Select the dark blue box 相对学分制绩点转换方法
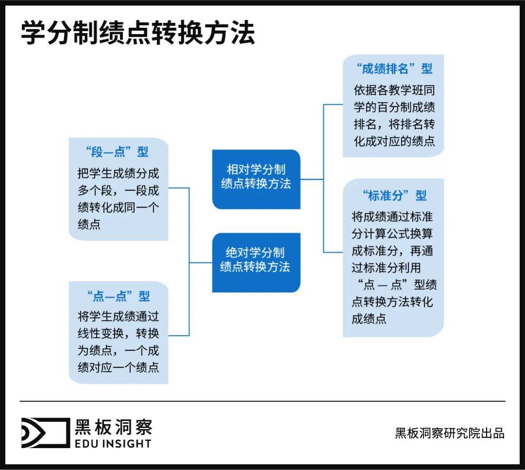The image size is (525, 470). tap(256, 177)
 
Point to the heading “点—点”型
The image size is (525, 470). tap(119, 296)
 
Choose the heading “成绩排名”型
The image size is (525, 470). tap(394, 69)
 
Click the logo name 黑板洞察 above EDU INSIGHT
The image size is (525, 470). tap(113, 427)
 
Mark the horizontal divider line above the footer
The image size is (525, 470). tap(262, 401)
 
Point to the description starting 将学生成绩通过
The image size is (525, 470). tap(119, 342)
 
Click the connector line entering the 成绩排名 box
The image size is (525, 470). tap(333, 104)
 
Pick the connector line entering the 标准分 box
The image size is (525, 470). tap(333, 252)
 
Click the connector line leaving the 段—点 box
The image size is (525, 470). tap(178, 188)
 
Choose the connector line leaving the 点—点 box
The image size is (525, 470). tap(178, 335)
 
